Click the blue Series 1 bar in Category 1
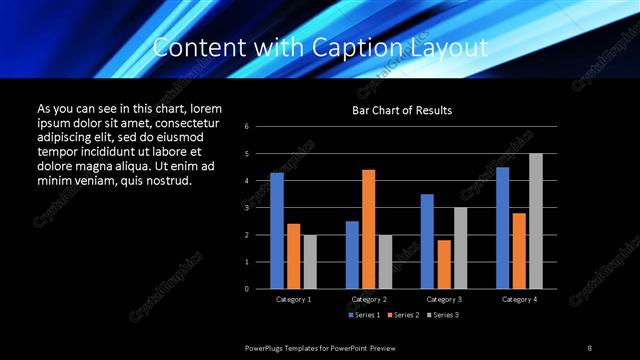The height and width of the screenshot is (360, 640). coord(277,231)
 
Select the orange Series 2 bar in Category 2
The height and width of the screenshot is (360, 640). coord(368,229)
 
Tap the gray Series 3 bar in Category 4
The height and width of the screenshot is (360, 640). coord(535,221)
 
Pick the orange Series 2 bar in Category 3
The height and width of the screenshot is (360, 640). coord(443,264)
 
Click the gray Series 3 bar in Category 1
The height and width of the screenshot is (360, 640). coord(310,262)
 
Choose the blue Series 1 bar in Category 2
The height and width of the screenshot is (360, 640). coord(352,255)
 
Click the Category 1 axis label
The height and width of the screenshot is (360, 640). coord(293,299)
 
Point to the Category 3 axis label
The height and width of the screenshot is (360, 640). coord(443,299)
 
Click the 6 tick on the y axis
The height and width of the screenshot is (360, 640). coord(261,127)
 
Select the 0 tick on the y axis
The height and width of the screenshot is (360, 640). coord(261,289)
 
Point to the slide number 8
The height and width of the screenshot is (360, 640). coord(589,347)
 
